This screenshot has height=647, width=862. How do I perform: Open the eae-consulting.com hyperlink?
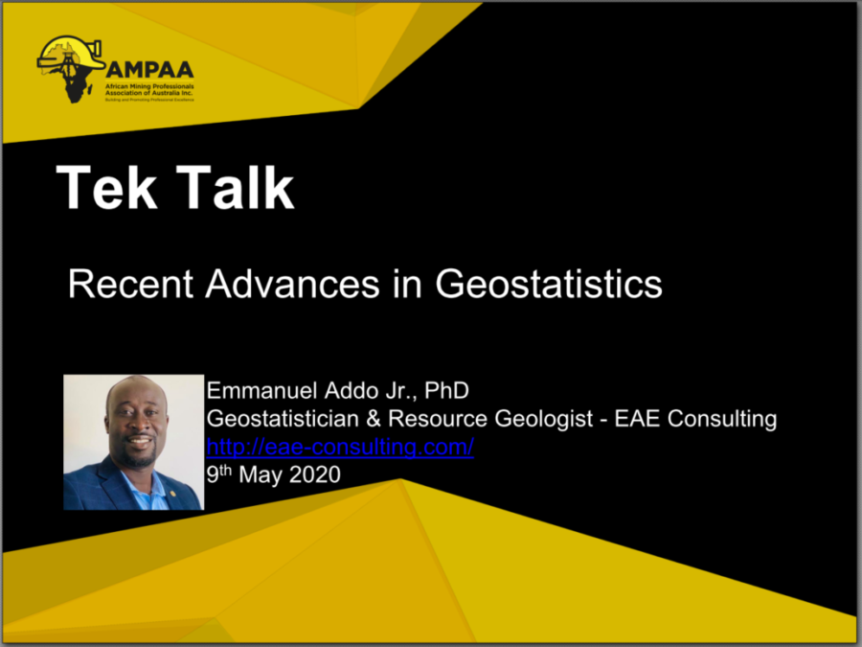(340, 447)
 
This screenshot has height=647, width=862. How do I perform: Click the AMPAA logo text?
(150, 69)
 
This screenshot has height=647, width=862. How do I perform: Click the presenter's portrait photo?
(133, 442)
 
